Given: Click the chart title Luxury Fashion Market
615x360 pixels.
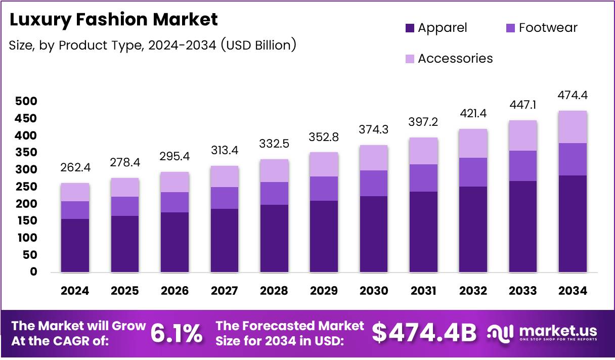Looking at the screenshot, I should [x=114, y=20].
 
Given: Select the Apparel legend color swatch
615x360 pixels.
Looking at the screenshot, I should [x=410, y=28].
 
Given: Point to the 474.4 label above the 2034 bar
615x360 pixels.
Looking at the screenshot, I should [x=573, y=95].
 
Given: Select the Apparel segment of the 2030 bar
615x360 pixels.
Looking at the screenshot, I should [x=374, y=234].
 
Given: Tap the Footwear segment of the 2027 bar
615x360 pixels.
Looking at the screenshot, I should [x=225, y=198].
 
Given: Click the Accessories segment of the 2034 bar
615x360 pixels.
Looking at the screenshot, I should [x=573, y=127].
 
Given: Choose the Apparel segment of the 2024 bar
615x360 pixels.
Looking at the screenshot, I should [x=75, y=246].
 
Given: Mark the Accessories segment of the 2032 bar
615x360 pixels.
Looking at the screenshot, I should [x=473, y=144].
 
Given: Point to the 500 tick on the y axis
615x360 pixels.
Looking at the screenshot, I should [x=27, y=102].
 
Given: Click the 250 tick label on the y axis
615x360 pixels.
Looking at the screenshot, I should [x=27, y=187].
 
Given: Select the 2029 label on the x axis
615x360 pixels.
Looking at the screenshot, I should [x=324, y=291].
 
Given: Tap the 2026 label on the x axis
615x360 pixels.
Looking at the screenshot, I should [x=174, y=291].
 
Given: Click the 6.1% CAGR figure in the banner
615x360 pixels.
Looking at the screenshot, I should [x=177, y=334].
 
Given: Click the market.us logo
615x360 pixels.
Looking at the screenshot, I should [x=543, y=333].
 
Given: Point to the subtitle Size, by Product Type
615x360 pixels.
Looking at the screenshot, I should [x=152, y=45].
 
